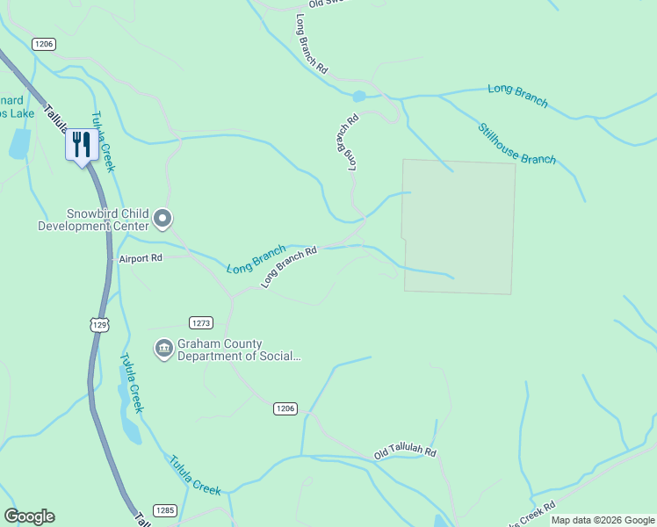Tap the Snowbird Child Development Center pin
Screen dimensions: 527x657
coord(163,217)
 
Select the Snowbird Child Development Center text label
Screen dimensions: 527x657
coord(95,220)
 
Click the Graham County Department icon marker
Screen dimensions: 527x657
coord(163,350)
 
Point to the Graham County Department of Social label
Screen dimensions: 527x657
coord(239,350)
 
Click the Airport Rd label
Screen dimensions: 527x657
coord(141,258)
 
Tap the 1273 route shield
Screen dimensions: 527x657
coord(201,322)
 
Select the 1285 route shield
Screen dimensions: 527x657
coord(164,510)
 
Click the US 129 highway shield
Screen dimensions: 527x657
coord(101,325)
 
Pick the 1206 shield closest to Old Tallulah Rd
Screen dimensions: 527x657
coord(285,408)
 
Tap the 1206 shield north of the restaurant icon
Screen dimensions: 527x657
coord(44,44)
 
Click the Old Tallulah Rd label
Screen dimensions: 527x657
coord(405,451)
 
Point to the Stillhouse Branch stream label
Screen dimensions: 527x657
coord(516,143)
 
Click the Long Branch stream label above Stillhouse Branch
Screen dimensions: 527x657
coord(517,96)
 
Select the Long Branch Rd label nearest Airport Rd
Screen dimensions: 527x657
coord(288,267)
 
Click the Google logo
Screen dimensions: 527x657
coord(29,516)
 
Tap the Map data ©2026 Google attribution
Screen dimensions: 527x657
coord(603,520)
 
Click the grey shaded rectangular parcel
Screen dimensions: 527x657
coord(458,226)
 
